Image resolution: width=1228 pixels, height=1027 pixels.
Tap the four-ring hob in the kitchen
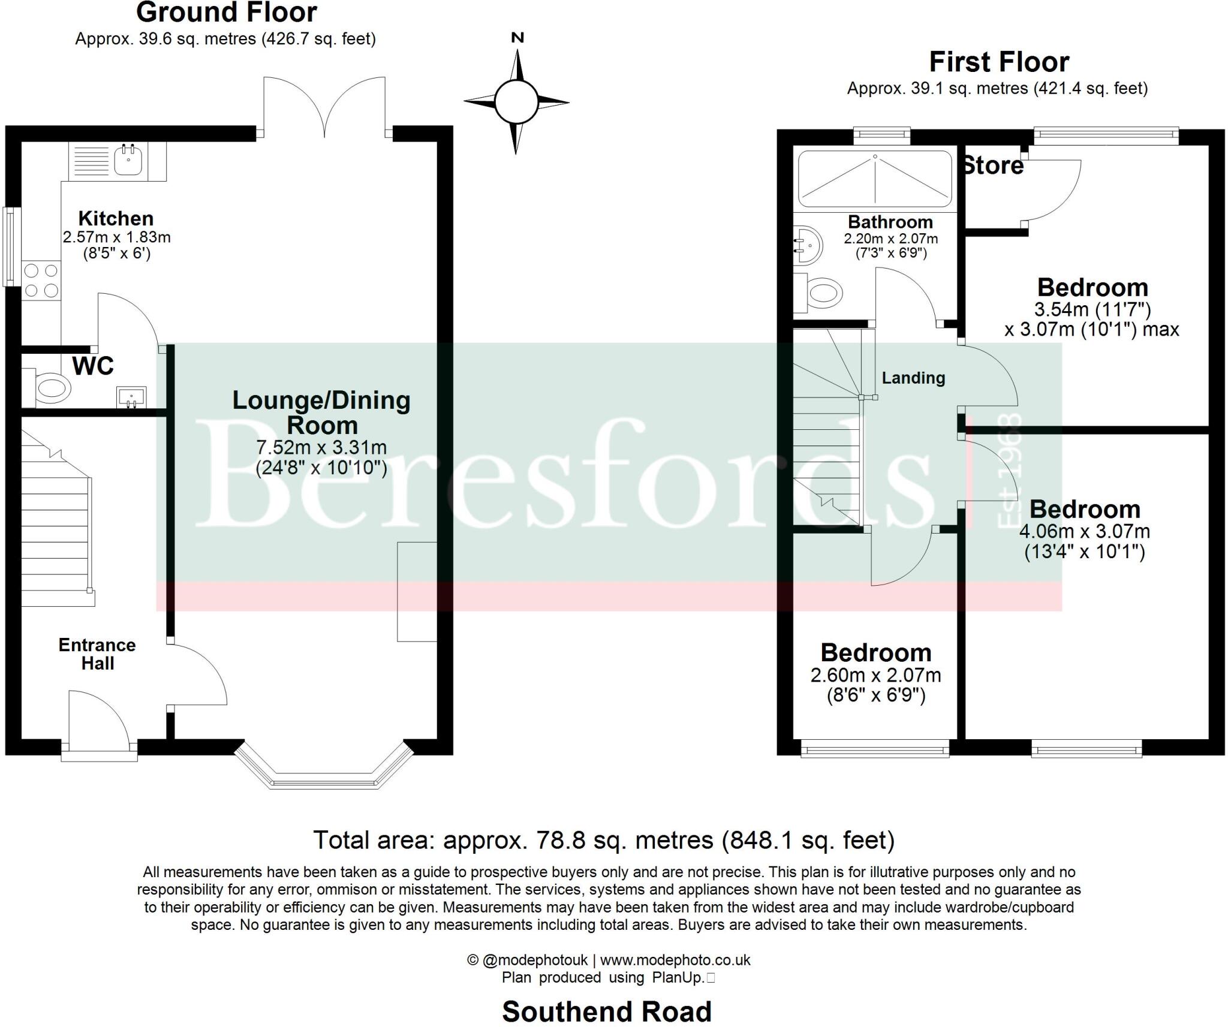pos(41,281)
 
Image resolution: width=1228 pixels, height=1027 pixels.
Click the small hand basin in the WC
pos(131,396)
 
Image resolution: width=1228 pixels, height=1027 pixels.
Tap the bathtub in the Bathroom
pos(875,178)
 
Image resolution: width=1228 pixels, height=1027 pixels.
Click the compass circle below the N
pos(515,101)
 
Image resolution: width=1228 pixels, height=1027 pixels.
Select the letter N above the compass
pos(517,38)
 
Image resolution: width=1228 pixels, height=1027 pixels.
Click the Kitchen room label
pos(116,218)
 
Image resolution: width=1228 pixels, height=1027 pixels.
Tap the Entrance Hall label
pos(97,654)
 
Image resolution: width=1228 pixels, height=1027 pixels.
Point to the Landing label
pos(913,378)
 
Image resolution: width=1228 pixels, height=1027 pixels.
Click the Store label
pos(993,166)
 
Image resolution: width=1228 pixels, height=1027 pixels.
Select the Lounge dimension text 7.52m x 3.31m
pos(321,447)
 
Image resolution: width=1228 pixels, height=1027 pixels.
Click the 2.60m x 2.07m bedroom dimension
pos(875,675)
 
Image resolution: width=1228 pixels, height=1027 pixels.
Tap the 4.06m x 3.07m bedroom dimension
pos(1085,531)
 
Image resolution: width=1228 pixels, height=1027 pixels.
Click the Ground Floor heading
pos(226,13)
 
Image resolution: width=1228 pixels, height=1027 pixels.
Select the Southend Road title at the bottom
pos(607,1011)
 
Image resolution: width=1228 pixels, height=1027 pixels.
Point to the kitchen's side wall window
pos(10,246)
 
